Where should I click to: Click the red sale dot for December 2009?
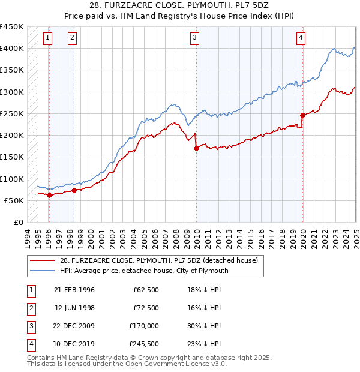196,148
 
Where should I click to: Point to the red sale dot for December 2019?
302,115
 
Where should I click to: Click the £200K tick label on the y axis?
11,135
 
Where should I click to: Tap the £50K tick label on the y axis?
14,200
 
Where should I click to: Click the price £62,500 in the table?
146,290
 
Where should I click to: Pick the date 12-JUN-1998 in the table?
74,308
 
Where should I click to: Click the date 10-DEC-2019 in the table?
74,344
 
